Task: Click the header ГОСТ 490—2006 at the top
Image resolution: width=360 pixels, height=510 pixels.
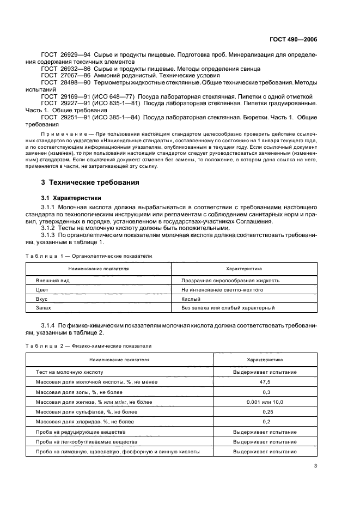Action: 294,40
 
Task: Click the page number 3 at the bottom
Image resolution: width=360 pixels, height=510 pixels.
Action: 315,465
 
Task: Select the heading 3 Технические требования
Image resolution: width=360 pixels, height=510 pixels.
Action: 90,182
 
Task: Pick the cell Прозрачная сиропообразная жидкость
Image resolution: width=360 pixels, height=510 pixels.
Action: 230,280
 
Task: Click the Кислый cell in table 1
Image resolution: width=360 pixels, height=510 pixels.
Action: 191,299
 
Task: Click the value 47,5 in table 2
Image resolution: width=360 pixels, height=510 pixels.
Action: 265,382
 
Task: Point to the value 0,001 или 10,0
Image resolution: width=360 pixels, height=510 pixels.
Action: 265,402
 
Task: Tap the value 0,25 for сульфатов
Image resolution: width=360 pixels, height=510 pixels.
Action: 265,411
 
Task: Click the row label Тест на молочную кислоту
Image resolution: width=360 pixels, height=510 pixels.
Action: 69,372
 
